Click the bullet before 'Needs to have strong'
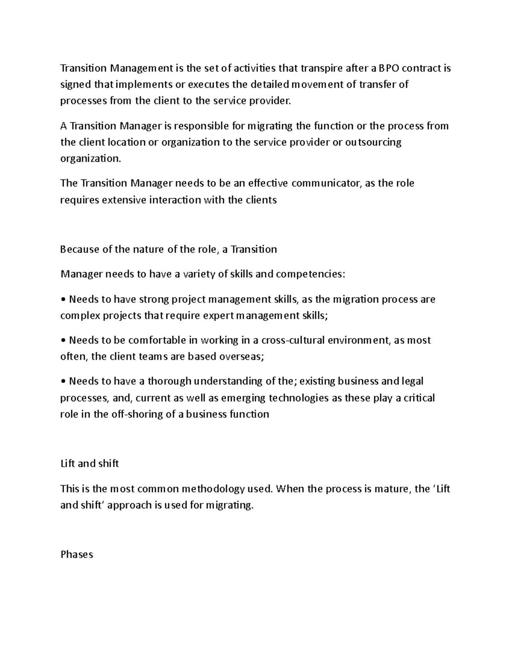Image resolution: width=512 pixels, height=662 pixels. pyautogui.click(x=63, y=300)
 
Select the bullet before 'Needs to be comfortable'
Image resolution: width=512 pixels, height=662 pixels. pyautogui.click(x=63, y=341)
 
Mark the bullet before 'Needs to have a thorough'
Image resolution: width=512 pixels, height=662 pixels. pyautogui.click(x=63, y=382)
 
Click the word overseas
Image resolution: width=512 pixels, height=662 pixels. pyautogui.click(x=241, y=356)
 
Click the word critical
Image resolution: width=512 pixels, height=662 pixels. pyautogui.click(x=419, y=398)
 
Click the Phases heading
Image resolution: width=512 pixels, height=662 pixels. pyautogui.click(x=77, y=555)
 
